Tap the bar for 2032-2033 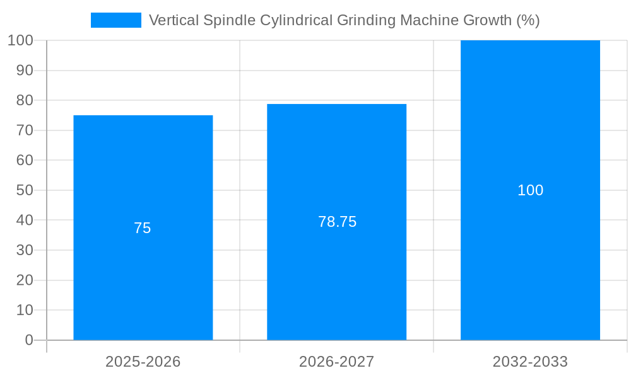point(530,265)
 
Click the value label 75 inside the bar point(143,228)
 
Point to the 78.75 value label point(337,222)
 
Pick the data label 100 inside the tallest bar point(530,190)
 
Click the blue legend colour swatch point(116,20)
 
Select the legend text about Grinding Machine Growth point(344,20)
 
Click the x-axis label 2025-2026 point(143,362)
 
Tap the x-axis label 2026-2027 point(336,362)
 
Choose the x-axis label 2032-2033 point(530,362)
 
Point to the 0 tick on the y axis point(29,340)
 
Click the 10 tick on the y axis point(25,310)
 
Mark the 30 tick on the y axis point(25,250)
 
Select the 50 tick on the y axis point(25,190)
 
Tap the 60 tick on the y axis point(25,160)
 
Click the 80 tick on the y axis point(25,100)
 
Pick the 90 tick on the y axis point(25,70)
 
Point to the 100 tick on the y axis point(21,40)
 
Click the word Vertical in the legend point(174,20)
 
